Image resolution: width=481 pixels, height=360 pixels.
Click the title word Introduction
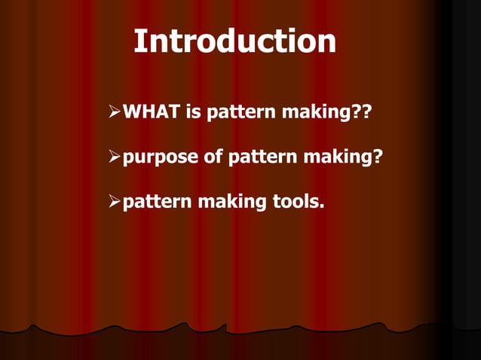coord(234,42)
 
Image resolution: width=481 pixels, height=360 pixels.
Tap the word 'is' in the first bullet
coord(193,114)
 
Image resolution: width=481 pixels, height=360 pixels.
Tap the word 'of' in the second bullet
coord(211,157)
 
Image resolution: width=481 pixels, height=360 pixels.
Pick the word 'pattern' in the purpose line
coord(258,158)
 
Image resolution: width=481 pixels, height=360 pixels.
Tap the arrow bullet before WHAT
coord(115,114)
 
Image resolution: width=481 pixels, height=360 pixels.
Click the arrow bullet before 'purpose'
coord(115,157)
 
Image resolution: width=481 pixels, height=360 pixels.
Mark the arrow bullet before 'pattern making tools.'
coord(115,202)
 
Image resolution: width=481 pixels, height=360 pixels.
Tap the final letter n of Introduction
coord(326,43)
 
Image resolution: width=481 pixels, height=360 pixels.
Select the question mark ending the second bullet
coord(376,157)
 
